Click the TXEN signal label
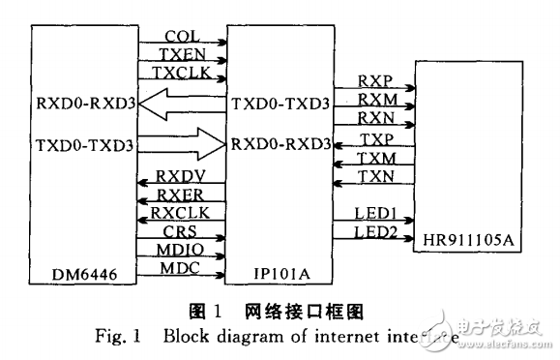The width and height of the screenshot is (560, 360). tap(183, 53)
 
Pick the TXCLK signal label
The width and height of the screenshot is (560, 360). tap(183, 73)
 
